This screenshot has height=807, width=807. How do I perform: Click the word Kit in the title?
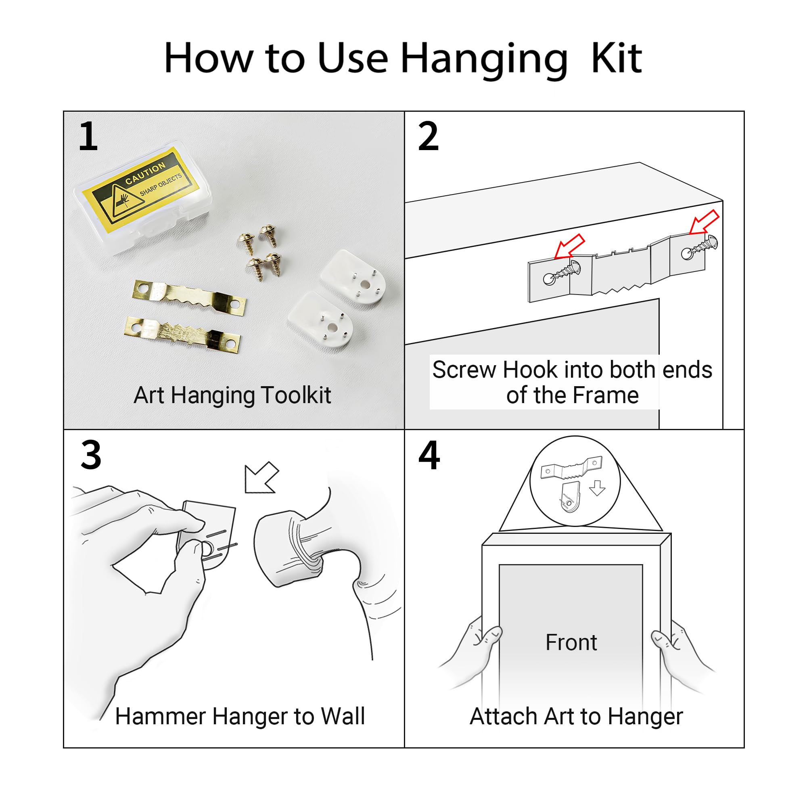616,59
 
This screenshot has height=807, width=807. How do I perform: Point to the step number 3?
91,455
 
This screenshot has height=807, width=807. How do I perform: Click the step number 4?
429,455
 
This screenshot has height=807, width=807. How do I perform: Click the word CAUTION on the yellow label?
145,174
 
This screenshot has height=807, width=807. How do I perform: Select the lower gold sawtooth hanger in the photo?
183,334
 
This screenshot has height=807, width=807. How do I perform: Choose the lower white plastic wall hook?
321,320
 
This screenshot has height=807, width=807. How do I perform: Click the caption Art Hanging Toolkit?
232,395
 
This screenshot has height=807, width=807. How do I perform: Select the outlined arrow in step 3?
261,478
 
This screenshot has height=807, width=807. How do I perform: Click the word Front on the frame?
571,642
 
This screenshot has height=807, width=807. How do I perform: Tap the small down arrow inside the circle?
597,488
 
